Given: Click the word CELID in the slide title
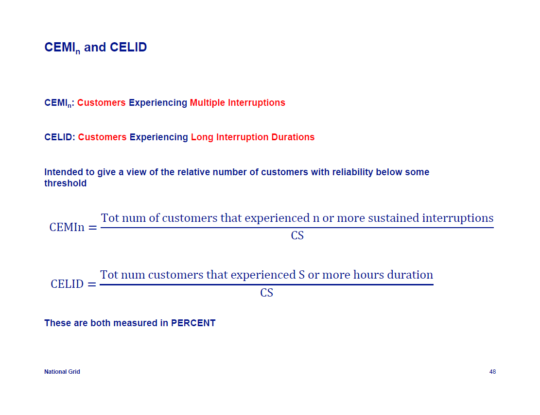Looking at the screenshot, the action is point(128,47).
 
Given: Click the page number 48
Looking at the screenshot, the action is point(492,372).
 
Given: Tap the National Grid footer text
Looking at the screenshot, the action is point(62,372).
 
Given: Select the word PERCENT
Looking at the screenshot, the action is point(193,323).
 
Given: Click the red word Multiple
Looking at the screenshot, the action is point(208,103).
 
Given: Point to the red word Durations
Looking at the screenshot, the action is point(293,137).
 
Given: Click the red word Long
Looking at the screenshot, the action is point(202,137).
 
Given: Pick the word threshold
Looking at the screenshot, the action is point(66,183).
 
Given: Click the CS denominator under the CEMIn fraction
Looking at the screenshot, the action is point(297,235).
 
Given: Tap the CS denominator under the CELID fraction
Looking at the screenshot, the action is point(266,293).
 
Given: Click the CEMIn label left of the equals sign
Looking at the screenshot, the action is point(67,227).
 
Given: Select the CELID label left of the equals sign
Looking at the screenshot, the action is point(67,284).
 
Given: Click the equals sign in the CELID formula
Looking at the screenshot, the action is point(92,284).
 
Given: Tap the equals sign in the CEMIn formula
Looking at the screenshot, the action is point(93,228).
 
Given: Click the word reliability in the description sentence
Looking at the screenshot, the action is point(353,172).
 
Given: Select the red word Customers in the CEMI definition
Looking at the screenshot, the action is point(101,103).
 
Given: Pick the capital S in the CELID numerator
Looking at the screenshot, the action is point(302,275).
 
